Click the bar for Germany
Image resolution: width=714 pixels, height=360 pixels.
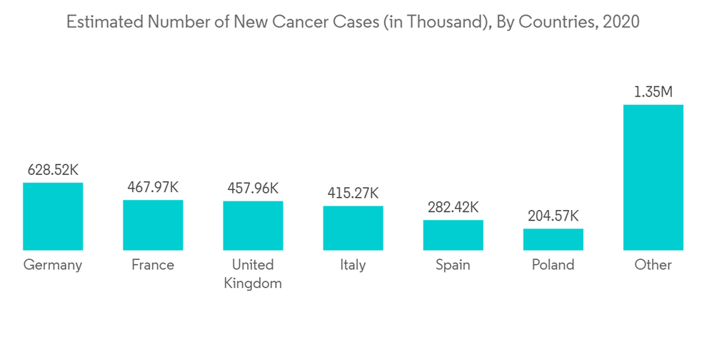(x=53, y=216)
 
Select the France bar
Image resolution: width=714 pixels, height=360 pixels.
(x=153, y=225)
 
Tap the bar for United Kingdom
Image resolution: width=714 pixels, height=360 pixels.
(x=253, y=226)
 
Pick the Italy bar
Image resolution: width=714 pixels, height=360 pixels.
(x=353, y=228)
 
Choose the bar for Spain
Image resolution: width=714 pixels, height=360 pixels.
(x=453, y=235)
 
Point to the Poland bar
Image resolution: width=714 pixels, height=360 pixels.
(x=553, y=239)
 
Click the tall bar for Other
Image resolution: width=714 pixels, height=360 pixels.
(x=653, y=177)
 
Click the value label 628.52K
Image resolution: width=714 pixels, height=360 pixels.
(x=53, y=170)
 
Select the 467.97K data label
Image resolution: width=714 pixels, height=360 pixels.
(x=153, y=187)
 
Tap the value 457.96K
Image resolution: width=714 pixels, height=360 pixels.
(x=253, y=189)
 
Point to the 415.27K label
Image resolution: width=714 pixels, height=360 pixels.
(x=353, y=193)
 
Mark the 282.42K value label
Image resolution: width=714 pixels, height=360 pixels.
(x=453, y=207)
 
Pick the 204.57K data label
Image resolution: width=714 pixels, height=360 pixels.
(x=553, y=216)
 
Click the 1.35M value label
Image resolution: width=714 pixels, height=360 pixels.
(x=653, y=92)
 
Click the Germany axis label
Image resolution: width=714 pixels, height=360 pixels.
(x=53, y=265)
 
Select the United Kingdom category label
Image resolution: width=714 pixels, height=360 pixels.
(x=253, y=274)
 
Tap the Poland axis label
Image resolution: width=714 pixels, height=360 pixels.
(x=553, y=265)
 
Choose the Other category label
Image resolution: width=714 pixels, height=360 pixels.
(x=653, y=265)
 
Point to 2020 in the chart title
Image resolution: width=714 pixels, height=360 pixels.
(x=621, y=22)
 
